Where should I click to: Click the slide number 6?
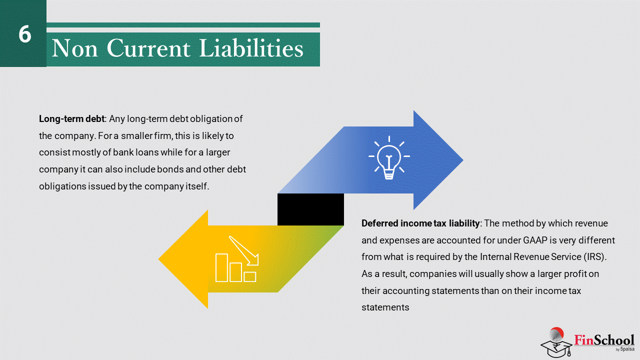(x=25, y=34)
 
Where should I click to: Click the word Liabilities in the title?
(x=251, y=48)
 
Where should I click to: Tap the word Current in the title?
(x=148, y=48)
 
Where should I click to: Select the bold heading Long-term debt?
(x=71, y=119)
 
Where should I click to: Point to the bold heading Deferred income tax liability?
(x=420, y=223)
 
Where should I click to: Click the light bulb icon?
(x=389, y=157)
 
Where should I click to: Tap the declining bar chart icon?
(x=237, y=259)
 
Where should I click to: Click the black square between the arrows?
(x=310, y=209)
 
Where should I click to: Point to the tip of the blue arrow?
(x=462, y=160)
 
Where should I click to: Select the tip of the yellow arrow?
(x=159, y=259)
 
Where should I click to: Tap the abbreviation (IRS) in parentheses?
(x=595, y=256)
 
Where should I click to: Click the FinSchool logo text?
(x=604, y=340)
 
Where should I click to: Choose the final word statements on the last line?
(x=385, y=307)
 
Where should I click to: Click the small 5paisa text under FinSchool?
(x=627, y=349)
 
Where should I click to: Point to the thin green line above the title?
(x=183, y=25)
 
